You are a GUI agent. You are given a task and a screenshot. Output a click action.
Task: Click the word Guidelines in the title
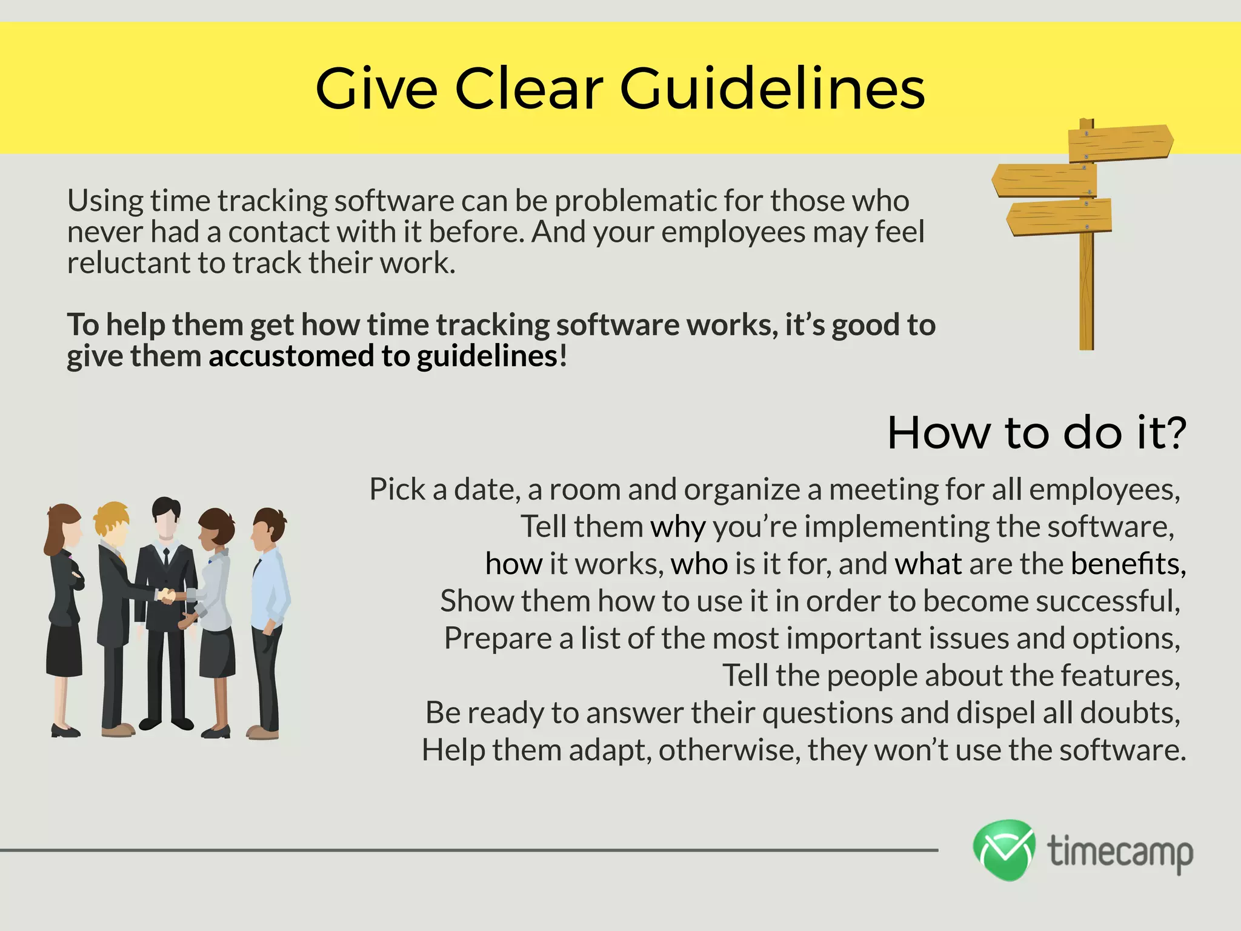coord(772,90)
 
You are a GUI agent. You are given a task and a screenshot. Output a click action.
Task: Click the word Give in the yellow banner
coord(376,90)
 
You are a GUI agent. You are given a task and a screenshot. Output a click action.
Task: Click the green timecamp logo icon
coord(1004,850)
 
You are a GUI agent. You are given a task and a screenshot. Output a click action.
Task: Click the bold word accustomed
coord(291,356)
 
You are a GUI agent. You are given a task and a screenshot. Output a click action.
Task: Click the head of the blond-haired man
coord(111,522)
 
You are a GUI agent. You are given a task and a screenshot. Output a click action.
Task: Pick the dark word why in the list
coord(677,527)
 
